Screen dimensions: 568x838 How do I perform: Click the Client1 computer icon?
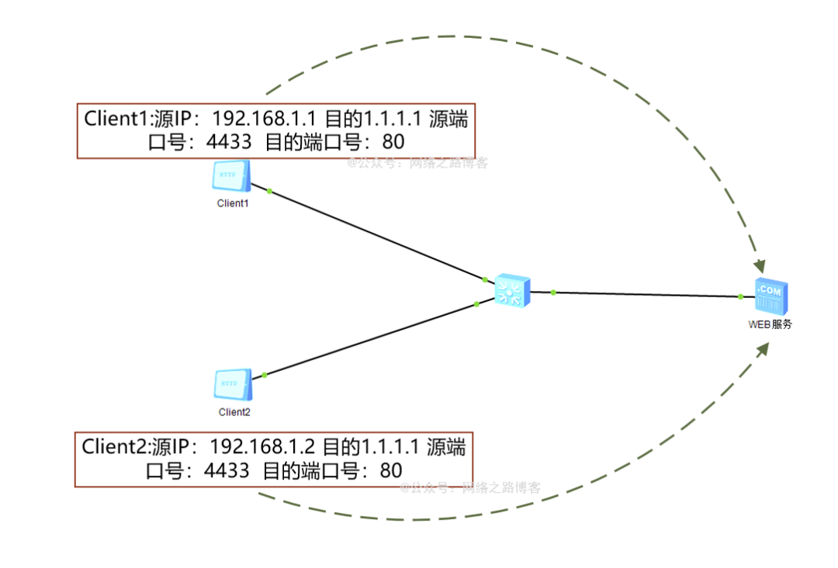(230, 177)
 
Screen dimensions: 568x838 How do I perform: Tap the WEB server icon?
(771, 296)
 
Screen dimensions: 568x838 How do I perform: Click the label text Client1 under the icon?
(233, 203)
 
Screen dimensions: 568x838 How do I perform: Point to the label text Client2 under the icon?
(234, 412)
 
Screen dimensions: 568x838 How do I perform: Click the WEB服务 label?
(770, 324)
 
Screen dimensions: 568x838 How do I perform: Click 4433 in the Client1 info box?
(228, 142)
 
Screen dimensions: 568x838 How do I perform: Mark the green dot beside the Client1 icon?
(269, 190)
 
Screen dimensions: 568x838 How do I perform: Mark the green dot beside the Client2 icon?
(265, 375)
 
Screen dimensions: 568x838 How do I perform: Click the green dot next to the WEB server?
(741, 296)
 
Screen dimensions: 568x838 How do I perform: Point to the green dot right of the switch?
(553, 293)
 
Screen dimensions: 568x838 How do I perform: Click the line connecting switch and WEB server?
(644, 294)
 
